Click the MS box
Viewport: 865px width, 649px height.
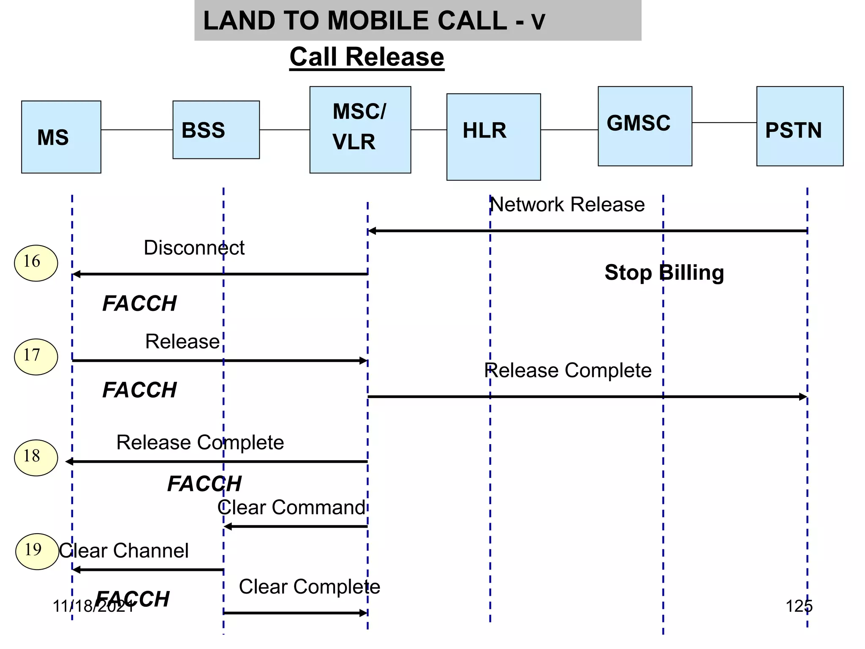click(61, 137)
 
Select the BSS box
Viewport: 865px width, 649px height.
click(216, 130)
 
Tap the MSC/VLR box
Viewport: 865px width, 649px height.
click(360, 130)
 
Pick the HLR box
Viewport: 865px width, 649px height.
click(493, 137)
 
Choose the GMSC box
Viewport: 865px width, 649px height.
click(645, 126)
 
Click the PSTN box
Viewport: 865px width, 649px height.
click(800, 126)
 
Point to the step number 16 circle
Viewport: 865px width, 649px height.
click(36, 263)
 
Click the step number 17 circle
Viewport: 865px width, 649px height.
click(36, 357)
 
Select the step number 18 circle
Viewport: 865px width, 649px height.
click(36, 458)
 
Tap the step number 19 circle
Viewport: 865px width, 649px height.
click(37, 551)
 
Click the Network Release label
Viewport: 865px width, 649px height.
click(567, 205)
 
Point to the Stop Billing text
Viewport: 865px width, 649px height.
click(664, 273)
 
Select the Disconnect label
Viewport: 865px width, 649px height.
click(194, 248)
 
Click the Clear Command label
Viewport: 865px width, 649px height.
click(291, 507)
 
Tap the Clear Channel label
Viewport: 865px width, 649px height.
click(124, 551)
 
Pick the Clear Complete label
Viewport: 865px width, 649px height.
click(309, 586)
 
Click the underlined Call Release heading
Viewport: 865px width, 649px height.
click(367, 57)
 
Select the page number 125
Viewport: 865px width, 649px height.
click(799, 606)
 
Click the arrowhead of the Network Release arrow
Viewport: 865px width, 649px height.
click(372, 231)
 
